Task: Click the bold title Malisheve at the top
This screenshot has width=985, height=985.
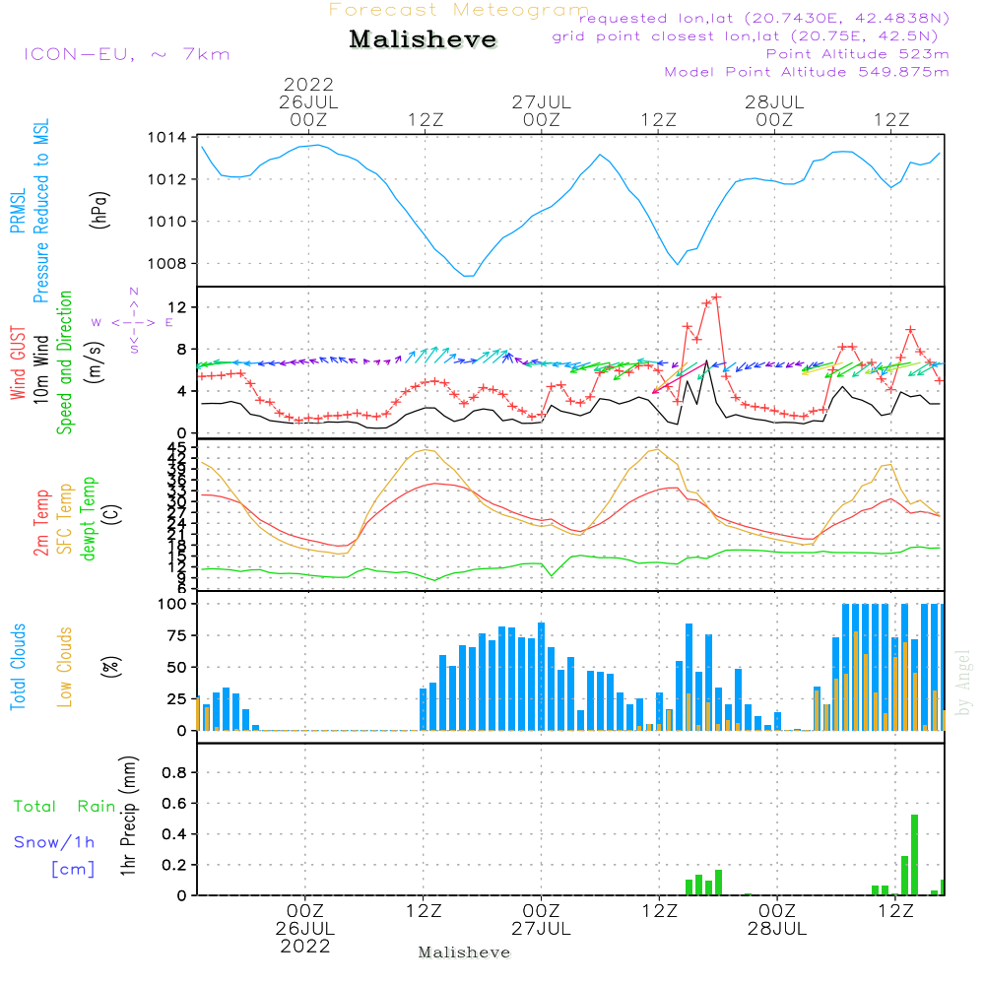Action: tap(423, 39)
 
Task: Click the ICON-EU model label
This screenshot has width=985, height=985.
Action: tap(126, 53)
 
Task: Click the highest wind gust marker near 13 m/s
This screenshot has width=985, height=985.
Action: tap(716, 296)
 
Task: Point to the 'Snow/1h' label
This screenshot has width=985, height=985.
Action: tap(55, 842)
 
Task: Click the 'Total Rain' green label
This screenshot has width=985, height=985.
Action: tap(65, 806)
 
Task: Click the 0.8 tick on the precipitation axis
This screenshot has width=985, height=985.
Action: tap(173, 772)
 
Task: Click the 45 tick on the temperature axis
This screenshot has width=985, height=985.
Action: tap(177, 449)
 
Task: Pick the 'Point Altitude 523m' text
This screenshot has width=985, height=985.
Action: tap(857, 54)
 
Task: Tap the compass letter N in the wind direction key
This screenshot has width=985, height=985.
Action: tap(134, 292)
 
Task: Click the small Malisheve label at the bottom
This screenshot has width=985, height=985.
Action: tap(465, 952)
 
